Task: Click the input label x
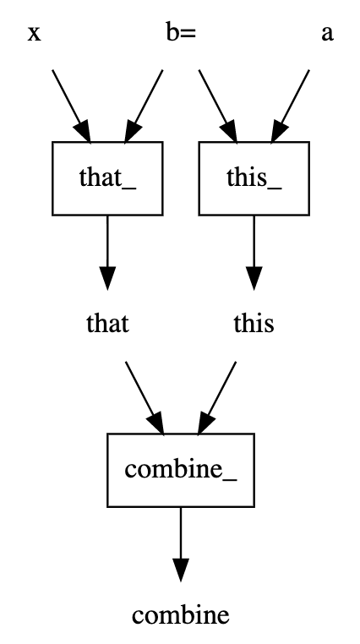tap(35, 34)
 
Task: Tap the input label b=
tap(181, 32)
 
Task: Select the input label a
tap(327, 34)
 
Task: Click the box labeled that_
tap(107, 178)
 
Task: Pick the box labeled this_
tap(254, 178)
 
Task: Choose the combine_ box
tap(181, 470)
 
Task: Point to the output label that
tap(107, 324)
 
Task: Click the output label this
tap(254, 324)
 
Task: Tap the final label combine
tap(181, 615)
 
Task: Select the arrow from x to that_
tap(71, 106)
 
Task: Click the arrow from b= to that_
tap(144, 106)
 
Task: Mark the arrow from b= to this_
tap(218, 106)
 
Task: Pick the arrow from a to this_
tap(290, 106)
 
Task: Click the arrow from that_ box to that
tap(107, 253)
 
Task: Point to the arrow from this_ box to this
tap(254, 253)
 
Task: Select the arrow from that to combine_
tap(145, 398)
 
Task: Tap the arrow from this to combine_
tap(216, 398)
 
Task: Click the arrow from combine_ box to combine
tap(181, 544)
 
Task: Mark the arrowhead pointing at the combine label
tap(181, 570)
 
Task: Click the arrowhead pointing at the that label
tap(107, 278)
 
